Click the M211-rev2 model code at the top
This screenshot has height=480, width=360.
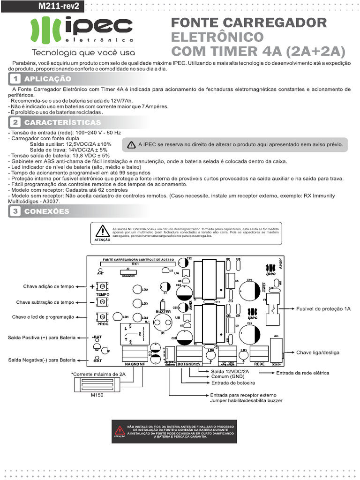pyautogui.click(x=58, y=6)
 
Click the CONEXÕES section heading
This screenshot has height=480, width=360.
pyautogui.click(x=46, y=211)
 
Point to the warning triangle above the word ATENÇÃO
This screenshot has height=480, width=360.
pyautogui.click(x=102, y=231)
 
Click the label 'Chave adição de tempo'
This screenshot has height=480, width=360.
pyautogui.click(x=48, y=286)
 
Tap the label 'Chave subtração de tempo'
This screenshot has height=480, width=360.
pyautogui.click(x=45, y=302)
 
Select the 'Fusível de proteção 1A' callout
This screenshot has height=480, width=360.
pyautogui.click(x=323, y=309)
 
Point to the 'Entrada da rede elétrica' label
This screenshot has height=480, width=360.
pyautogui.click(x=302, y=373)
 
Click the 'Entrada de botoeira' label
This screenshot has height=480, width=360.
pyautogui.click(x=232, y=382)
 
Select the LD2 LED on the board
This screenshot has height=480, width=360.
pyautogui.click(x=138, y=289)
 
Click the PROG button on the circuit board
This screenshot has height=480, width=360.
pyautogui.click(x=102, y=317)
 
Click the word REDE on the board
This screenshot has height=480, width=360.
pyautogui.click(x=259, y=364)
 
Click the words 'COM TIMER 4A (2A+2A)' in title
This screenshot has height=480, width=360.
pyautogui.click(x=258, y=51)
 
